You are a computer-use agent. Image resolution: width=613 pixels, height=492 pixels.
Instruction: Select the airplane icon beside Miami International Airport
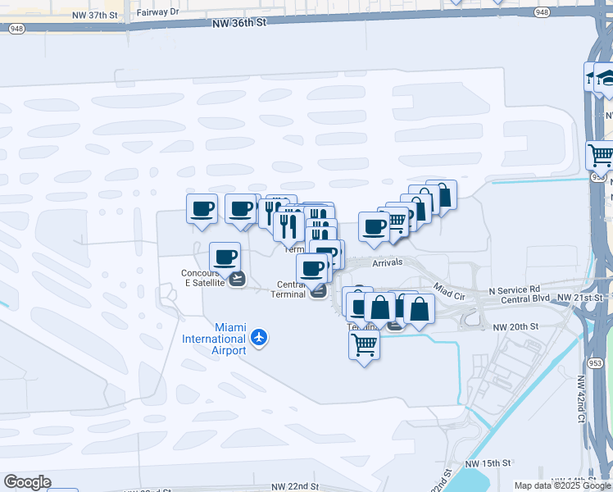260,337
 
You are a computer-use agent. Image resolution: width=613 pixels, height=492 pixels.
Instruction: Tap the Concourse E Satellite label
202,279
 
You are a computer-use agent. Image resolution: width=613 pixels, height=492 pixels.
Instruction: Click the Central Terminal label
288,289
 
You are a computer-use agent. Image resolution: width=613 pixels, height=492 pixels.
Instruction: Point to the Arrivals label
388,262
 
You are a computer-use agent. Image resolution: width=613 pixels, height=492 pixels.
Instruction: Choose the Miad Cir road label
449,292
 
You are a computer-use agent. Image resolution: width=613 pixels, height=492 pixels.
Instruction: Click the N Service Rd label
515,289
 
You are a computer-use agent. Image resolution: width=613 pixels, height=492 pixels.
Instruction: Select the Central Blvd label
525,299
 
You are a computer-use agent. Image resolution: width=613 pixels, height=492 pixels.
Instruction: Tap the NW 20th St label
515,326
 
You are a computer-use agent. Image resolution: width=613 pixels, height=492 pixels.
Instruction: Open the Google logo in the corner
27,481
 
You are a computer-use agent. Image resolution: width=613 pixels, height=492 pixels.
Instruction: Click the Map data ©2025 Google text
561,485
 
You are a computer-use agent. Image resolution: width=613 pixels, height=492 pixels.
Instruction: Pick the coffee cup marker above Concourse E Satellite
225,257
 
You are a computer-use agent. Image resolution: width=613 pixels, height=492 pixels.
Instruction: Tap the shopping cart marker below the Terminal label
364,344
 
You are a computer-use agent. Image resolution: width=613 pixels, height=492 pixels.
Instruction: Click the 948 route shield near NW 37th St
16,28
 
